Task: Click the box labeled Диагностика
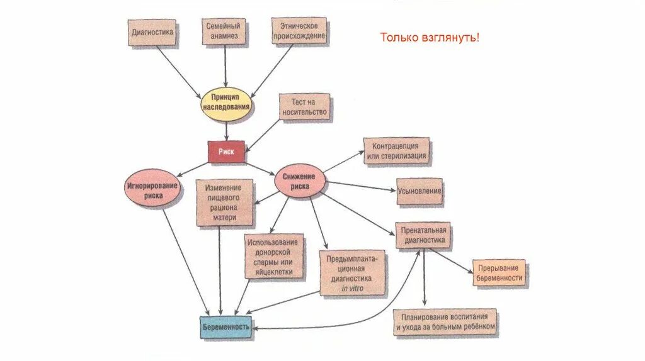[x=151, y=32]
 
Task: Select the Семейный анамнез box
[x=225, y=32]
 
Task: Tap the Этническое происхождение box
[x=299, y=31]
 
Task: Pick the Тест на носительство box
[x=305, y=108]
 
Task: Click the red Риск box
[x=227, y=152]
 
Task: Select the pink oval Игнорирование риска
[x=152, y=190]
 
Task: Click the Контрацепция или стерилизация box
[x=396, y=151]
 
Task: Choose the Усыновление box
[x=419, y=191]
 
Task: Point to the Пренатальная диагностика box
[x=424, y=235]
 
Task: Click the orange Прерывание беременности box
[x=499, y=273]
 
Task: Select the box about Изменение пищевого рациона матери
[x=224, y=203]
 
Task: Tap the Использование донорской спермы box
[x=274, y=257]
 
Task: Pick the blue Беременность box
[x=226, y=327]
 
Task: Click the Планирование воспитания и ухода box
[x=445, y=322]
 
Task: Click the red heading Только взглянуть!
[x=430, y=38]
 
